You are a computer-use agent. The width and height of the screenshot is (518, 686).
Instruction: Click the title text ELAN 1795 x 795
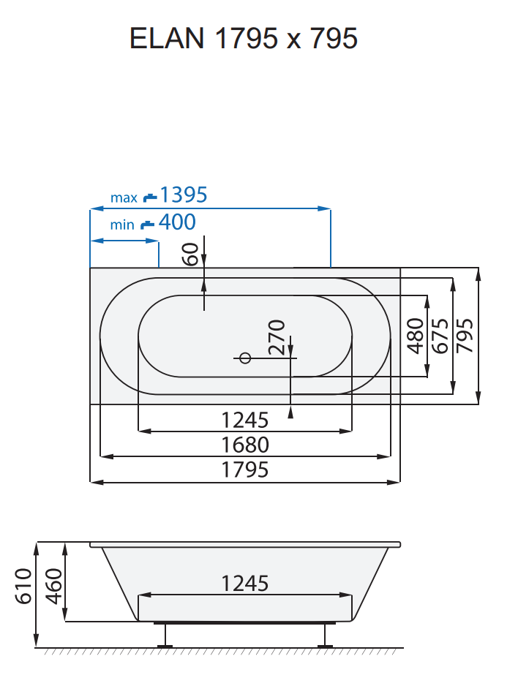coord(244,38)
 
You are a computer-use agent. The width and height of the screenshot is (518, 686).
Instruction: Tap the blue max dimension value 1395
coord(184,195)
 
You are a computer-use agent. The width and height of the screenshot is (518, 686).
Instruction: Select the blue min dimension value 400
coord(177,222)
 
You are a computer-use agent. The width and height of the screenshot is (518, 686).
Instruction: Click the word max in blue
coord(124,197)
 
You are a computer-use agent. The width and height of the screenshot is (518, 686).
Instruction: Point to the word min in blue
coord(122,225)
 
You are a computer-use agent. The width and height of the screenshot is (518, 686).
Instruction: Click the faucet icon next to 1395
coord(150,196)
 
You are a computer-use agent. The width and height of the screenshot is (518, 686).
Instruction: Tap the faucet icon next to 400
coord(148,223)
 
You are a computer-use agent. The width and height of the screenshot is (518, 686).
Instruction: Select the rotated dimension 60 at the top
coord(190,254)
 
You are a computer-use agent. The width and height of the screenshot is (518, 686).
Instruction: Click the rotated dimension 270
coord(276,337)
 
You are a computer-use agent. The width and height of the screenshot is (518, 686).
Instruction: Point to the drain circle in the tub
coord(245,358)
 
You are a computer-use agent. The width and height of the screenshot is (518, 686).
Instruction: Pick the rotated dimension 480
coord(416,336)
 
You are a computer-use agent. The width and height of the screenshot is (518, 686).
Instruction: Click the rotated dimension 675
coord(440,336)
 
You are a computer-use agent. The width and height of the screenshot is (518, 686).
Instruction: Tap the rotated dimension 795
coord(465,336)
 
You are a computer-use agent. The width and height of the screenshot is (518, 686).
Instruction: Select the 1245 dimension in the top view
coord(245,421)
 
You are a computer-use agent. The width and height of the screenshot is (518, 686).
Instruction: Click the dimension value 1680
coord(245,445)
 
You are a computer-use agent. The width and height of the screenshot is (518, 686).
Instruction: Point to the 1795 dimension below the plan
coord(245,470)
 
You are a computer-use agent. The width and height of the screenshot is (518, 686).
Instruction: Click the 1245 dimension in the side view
coord(245,584)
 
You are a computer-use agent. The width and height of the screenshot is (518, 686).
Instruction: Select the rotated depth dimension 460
coord(53,585)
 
